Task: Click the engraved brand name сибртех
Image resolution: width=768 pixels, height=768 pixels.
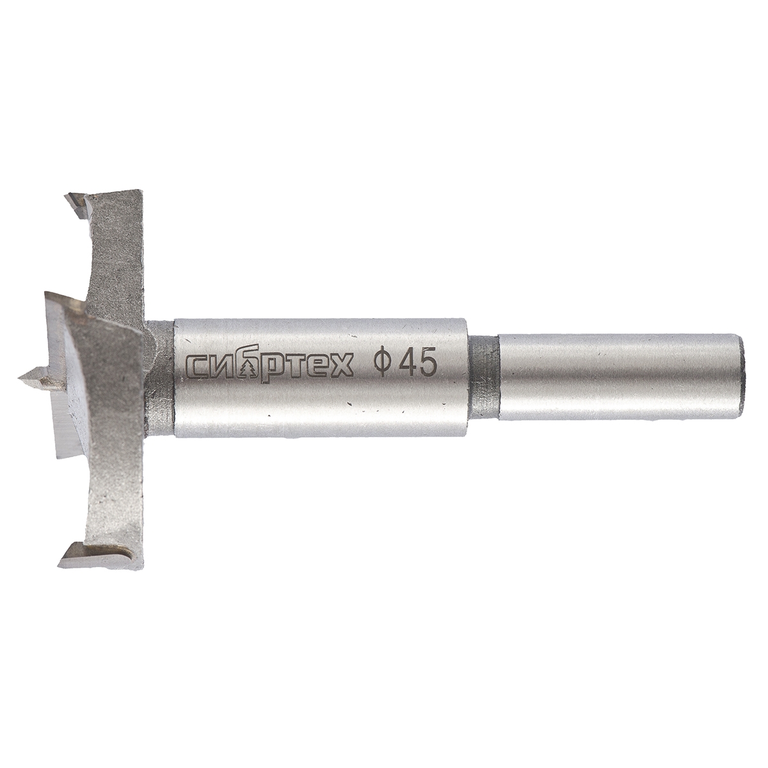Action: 269,366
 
